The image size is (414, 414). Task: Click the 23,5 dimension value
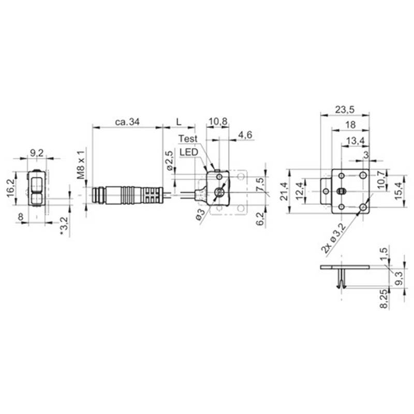345,109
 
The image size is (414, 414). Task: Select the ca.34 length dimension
127,122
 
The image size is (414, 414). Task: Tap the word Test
188,139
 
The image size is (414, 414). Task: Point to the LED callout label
188,152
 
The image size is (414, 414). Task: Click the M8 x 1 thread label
82,165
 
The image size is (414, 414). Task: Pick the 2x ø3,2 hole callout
333,239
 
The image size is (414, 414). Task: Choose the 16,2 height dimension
11,188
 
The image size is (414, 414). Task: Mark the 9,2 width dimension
36,153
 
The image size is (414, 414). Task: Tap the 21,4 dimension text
284,191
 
